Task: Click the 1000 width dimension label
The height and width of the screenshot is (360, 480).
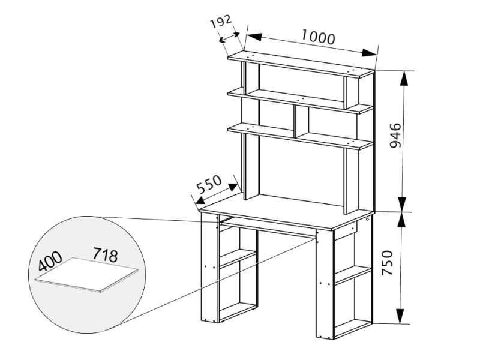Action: point(319,37)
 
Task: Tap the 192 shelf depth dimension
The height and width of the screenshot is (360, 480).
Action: point(221,23)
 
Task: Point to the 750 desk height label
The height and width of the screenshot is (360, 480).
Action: point(387,262)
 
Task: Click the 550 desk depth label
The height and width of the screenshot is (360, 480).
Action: point(208,184)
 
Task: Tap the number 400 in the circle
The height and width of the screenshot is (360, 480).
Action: point(50,261)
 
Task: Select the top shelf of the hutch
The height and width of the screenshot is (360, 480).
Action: point(301,64)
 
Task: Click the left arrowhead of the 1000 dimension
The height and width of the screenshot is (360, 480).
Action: point(253,36)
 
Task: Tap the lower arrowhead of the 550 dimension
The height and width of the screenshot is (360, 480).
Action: point(201,200)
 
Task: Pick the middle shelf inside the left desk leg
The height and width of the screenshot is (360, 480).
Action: point(238,257)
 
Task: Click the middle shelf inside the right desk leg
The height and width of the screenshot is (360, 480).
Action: point(353,274)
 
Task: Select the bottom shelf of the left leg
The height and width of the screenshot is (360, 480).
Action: point(238,312)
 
